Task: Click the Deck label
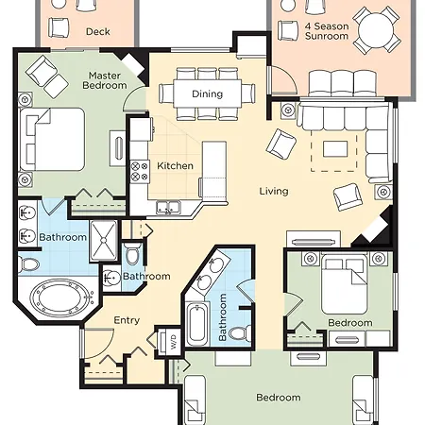pyautogui.click(x=98, y=31)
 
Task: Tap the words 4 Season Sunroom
pyautogui.click(x=327, y=31)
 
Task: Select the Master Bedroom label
pyautogui.click(x=105, y=80)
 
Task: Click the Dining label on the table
pyautogui.click(x=207, y=93)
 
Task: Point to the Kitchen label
pyautogui.click(x=175, y=166)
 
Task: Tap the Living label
pyautogui.click(x=274, y=191)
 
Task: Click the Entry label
pyautogui.click(x=127, y=320)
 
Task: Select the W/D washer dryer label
pyautogui.click(x=174, y=341)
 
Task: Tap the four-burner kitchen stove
pyautogui.click(x=140, y=171)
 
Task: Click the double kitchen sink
pyautogui.click(x=168, y=208)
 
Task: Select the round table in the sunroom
pyautogui.click(x=376, y=30)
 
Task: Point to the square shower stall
pyautogui.click(x=104, y=241)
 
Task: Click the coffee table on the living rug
pyautogui.click(x=335, y=148)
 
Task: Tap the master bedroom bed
pyautogui.click(x=52, y=140)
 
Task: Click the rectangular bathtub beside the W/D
pyautogui.click(x=197, y=324)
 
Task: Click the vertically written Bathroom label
pyautogui.click(x=222, y=317)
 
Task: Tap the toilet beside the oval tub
pyautogui.click(x=28, y=264)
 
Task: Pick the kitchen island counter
pyautogui.click(x=214, y=172)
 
